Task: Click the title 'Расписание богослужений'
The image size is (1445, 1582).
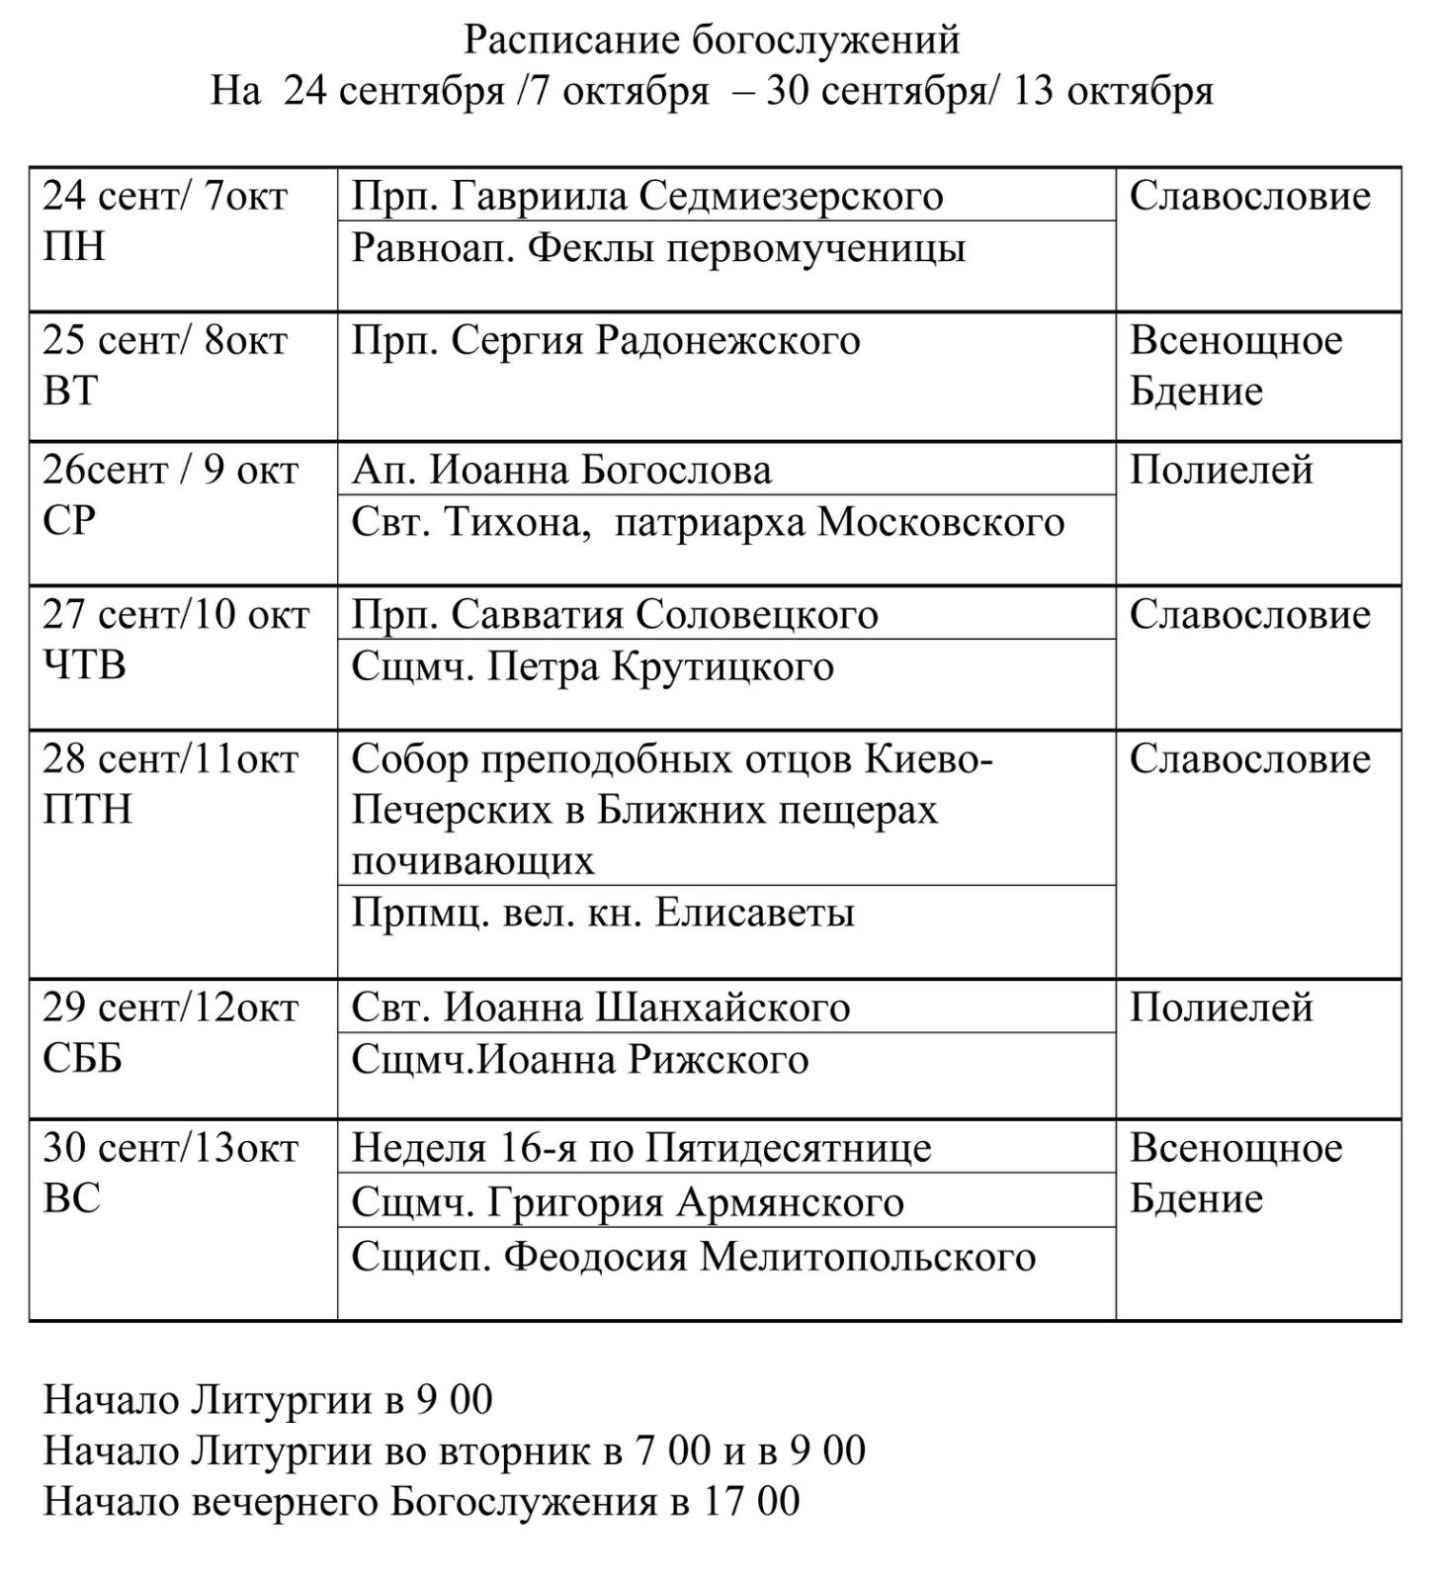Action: click(x=712, y=41)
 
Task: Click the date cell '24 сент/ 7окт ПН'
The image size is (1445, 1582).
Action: click(x=165, y=220)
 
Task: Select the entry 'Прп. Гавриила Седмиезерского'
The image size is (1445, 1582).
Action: click(x=647, y=196)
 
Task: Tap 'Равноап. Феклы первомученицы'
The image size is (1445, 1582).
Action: click(x=658, y=248)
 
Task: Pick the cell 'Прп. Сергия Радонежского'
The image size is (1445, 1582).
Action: click(x=606, y=340)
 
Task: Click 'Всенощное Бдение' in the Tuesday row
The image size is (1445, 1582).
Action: click(x=1235, y=365)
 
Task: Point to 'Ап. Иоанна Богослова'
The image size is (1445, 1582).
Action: click(x=561, y=470)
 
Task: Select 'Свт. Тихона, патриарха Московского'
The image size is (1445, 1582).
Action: click(x=708, y=522)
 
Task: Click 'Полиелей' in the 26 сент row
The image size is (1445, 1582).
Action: click(x=1221, y=470)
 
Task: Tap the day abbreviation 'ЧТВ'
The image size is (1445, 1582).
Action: click(x=85, y=664)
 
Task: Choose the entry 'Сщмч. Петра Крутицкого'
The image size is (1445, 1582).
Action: click(x=592, y=666)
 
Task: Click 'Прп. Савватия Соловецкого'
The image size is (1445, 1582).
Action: click(x=615, y=614)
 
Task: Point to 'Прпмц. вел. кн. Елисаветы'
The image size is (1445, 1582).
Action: click(x=603, y=912)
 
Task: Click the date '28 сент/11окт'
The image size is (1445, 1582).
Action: click(x=170, y=759)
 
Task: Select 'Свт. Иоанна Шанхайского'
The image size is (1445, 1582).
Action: click(x=600, y=1008)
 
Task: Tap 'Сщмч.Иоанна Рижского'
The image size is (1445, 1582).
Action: click(x=580, y=1060)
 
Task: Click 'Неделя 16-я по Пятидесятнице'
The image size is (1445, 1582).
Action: click(x=640, y=1148)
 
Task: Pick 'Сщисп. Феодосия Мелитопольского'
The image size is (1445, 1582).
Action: click(x=693, y=1257)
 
